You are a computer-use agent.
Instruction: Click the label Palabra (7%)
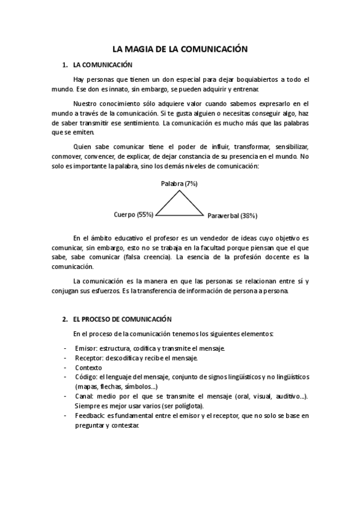(x=179, y=183)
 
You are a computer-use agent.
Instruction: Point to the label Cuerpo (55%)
(x=133, y=214)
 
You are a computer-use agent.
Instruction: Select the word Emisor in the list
(x=86, y=348)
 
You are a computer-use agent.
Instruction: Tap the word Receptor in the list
(x=89, y=358)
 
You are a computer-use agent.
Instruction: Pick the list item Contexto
(x=89, y=367)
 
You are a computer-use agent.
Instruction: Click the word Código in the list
(x=87, y=377)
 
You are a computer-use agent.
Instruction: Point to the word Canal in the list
(x=85, y=396)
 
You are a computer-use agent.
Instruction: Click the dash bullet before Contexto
(x=65, y=367)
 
